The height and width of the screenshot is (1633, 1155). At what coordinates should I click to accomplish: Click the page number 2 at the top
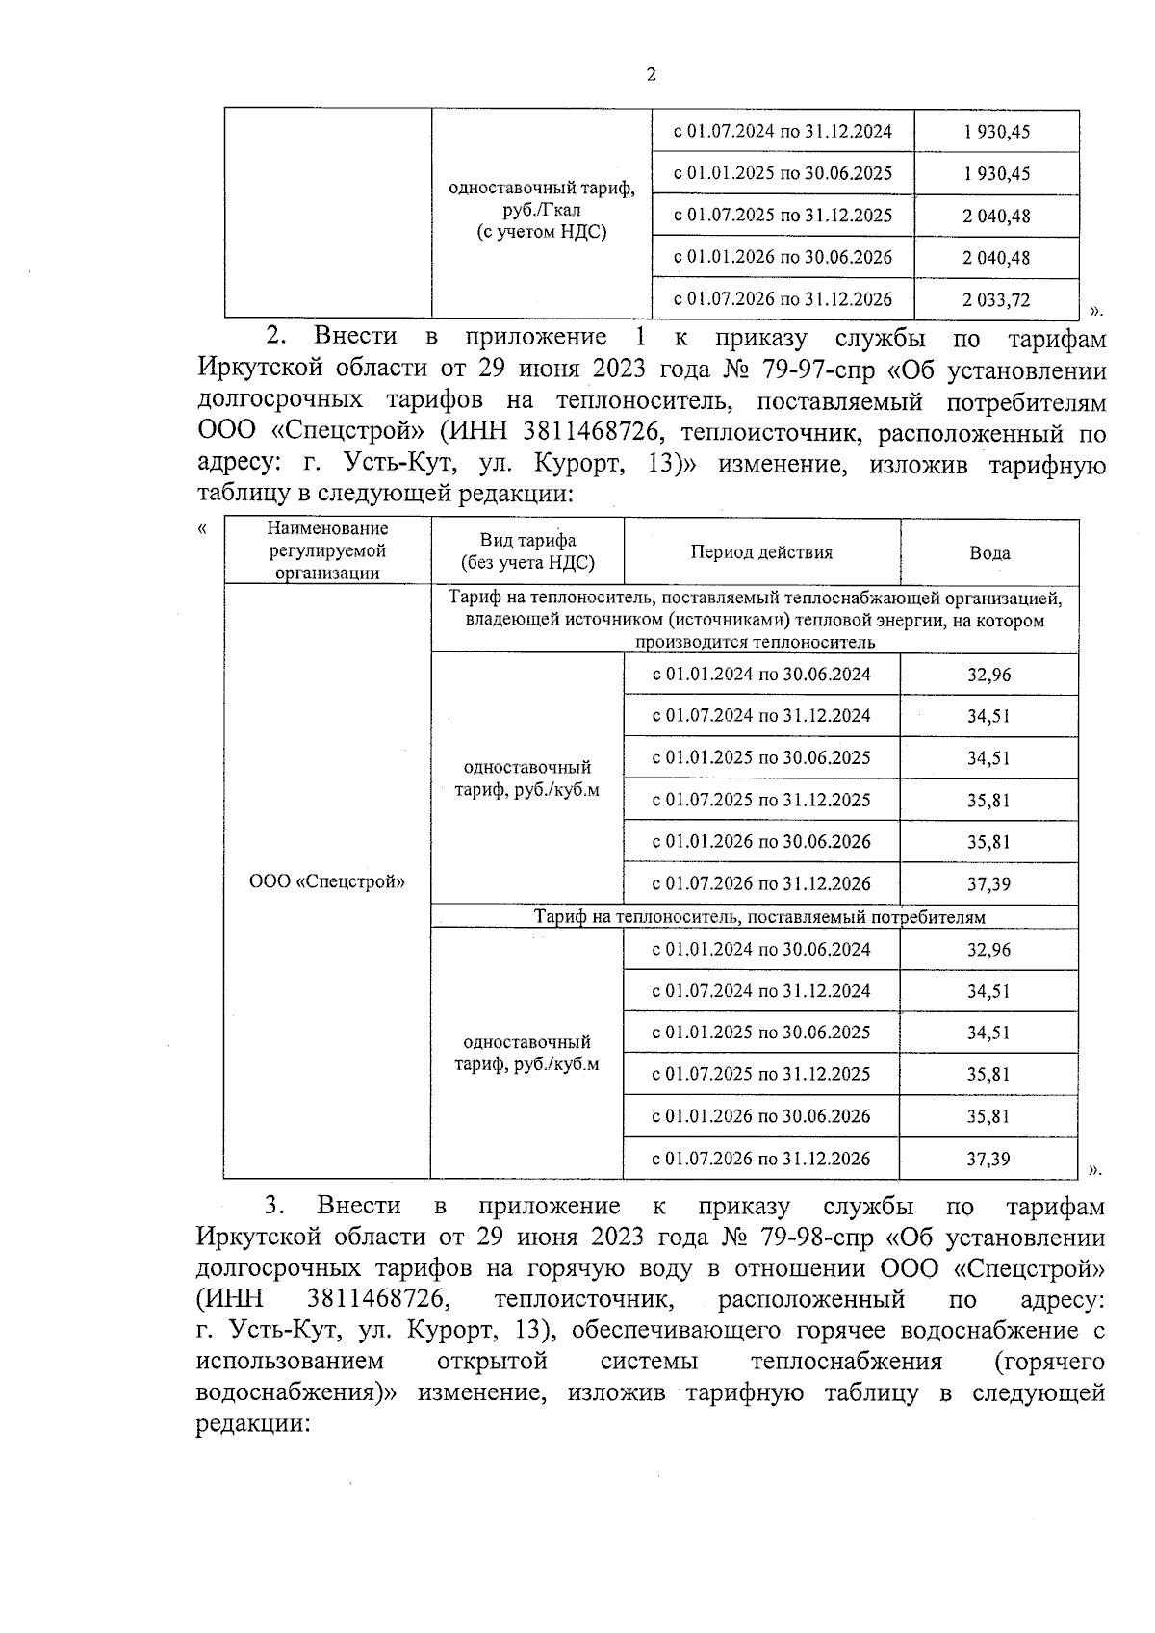tap(652, 75)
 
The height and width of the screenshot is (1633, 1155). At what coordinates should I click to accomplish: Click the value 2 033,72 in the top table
tap(996, 300)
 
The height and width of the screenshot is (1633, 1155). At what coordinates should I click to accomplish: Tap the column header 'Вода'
tap(989, 553)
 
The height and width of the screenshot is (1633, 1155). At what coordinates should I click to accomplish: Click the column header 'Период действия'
tap(761, 552)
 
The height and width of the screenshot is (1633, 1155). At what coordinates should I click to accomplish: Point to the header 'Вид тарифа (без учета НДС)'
tap(527, 552)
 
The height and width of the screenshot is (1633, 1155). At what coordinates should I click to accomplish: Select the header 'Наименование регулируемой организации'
tap(327, 551)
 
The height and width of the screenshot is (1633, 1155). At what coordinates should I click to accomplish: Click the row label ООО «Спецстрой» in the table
tap(327, 881)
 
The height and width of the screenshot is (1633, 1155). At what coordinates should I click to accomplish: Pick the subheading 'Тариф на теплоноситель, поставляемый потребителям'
tap(759, 917)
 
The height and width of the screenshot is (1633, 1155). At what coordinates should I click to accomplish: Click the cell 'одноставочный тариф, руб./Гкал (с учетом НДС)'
tap(542, 210)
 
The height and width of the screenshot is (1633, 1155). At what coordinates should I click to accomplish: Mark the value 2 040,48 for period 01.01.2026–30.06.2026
tap(996, 258)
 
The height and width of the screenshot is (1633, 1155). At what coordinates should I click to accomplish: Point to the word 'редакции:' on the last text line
tap(251, 1425)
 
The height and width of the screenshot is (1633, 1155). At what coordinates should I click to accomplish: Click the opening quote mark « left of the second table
tap(202, 528)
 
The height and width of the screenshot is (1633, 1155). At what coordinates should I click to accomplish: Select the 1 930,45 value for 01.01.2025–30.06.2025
tap(996, 174)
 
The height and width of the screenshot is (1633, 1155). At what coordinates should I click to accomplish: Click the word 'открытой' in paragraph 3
tap(492, 1362)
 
